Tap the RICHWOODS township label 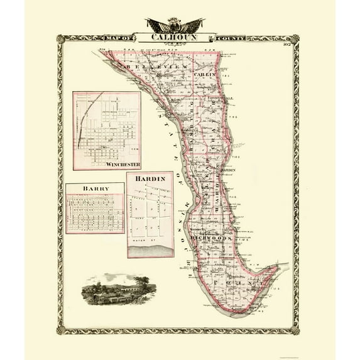click(213, 239)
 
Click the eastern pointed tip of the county click(277, 266)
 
